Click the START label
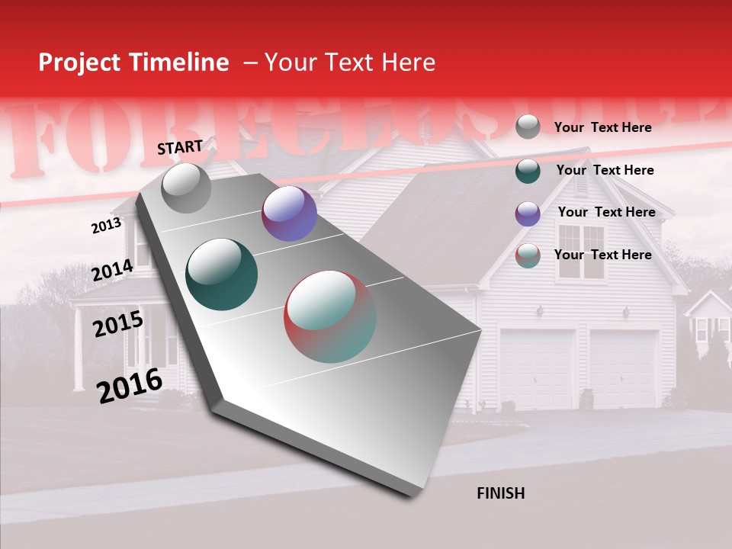[x=180, y=147]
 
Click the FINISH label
[x=500, y=493]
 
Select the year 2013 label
[x=106, y=225]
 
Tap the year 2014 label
[x=112, y=270]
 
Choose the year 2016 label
[x=130, y=385]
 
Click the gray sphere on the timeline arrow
[x=186, y=188]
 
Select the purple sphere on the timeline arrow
[x=289, y=213]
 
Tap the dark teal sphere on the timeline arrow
[x=221, y=274]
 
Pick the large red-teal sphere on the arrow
[x=330, y=316]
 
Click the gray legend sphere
[x=527, y=127]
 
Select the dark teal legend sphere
[x=527, y=171]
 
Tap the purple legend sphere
[x=527, y=213]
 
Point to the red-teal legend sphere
[x=527, y=255]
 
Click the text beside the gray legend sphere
[x=602, y=127]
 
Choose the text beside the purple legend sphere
[x=606, y=212]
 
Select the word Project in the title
[x=79, y=63]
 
